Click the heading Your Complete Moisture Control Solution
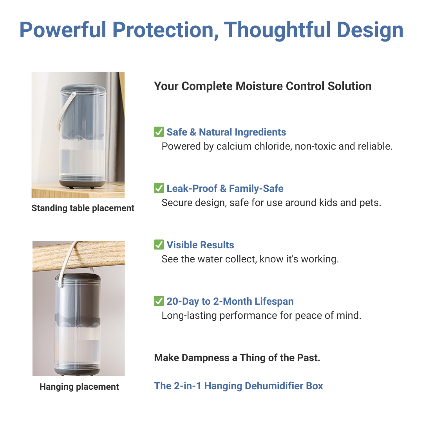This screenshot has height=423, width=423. (x=262, y=86)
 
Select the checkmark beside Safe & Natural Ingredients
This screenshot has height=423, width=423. (x=159, y=132)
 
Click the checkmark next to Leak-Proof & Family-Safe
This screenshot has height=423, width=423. (x=159, y=188)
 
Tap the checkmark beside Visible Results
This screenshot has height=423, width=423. (x=159, y=245)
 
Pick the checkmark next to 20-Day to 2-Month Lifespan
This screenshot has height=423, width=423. (x=159, y=301)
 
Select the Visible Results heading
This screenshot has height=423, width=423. (x=200, y=245)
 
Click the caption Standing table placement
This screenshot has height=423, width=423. (x=83, y=208)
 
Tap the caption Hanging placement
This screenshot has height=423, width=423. (x=79, y=387)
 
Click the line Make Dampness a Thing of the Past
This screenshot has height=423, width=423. (x=237, y=358)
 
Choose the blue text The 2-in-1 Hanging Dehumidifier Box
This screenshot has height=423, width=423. (x=239, y=386)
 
